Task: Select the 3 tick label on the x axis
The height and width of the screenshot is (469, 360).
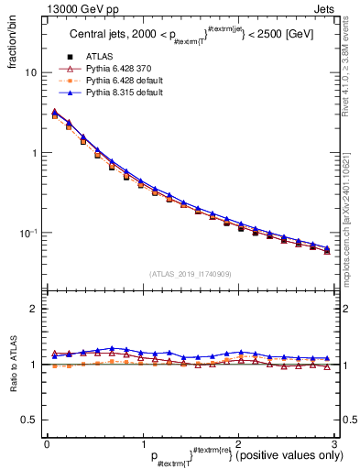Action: point(334,443)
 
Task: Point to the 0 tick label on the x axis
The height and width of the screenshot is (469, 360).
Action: point(47,443)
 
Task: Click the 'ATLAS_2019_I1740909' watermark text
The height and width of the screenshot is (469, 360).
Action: point(190,273)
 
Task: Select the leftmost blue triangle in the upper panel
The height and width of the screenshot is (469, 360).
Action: point(54,112)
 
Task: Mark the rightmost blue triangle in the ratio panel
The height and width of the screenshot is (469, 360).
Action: point(327,358)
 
